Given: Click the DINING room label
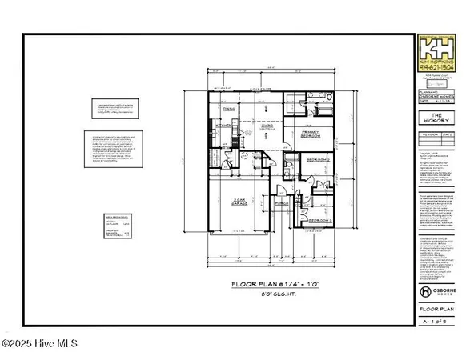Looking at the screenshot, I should tap(228, 109).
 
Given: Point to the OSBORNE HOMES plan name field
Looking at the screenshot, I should tap(439, 96).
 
